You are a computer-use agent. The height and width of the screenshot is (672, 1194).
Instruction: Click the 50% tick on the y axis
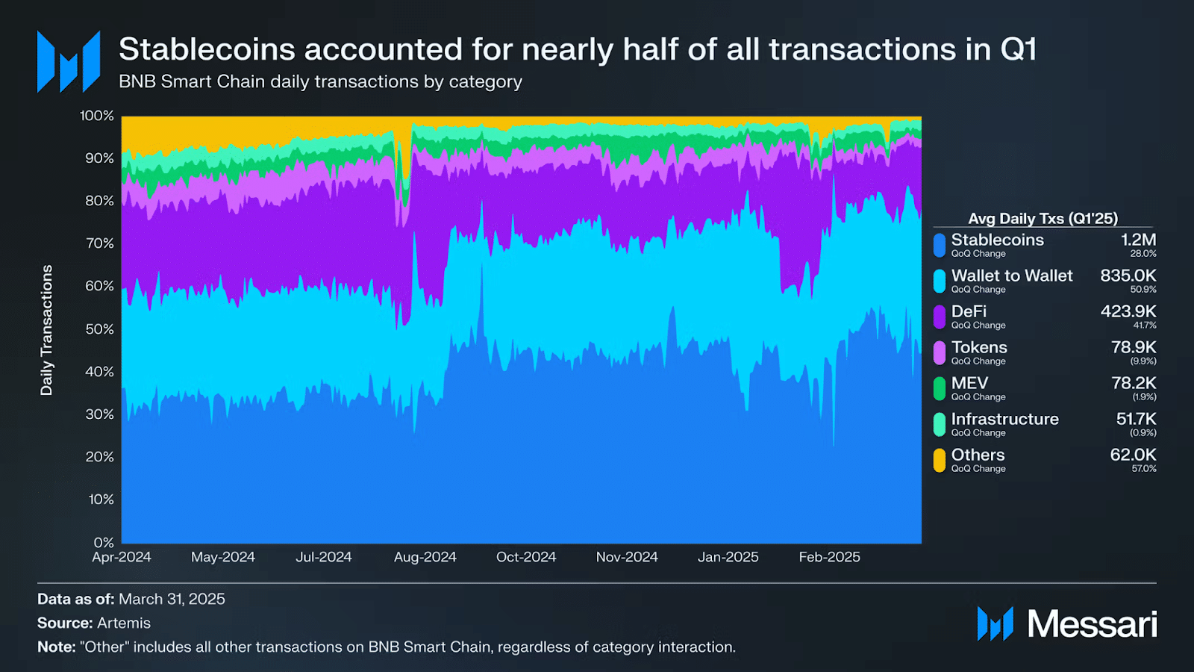[x=99, y=329]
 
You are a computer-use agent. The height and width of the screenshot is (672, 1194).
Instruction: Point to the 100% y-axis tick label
[x=97, y=116]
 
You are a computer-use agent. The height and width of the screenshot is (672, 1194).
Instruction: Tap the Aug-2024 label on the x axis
[x=425, y=557]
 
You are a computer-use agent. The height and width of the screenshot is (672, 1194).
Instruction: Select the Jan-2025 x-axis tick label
[x=728, y=557]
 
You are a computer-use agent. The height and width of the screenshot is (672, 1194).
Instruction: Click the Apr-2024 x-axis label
[x=122, y=557]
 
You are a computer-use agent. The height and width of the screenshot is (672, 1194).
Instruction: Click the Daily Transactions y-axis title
[x=47, y=330]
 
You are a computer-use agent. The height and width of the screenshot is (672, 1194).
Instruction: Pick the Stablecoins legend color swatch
[x=940, y=245]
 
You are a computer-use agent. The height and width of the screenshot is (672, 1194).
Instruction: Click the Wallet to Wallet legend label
[x=1011, y=276]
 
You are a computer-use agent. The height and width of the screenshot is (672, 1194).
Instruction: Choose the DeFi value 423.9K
[x=1128, y=311]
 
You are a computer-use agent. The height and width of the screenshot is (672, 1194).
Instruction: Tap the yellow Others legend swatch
[x=940, y=460]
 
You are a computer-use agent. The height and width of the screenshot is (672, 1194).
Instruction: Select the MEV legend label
[x=969, y=383]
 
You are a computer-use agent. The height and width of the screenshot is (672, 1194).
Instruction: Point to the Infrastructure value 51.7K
[x=1136, y=419]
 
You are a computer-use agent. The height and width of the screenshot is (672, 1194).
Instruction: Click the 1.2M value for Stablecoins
[x=1138, y=240]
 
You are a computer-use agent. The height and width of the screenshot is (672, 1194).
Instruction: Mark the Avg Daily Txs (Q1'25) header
[x=1043, y=219]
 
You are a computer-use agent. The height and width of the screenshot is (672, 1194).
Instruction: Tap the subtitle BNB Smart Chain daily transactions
[x=320, y=81]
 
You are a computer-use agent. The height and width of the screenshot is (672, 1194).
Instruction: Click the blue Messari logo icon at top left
[x=69, y=61]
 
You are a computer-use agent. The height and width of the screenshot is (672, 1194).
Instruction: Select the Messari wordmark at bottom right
[x=1092, y=624]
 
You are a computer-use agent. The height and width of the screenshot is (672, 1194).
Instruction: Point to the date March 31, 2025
[x=172, y=599]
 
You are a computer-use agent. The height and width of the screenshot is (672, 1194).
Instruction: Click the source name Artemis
[x=124, y=623]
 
